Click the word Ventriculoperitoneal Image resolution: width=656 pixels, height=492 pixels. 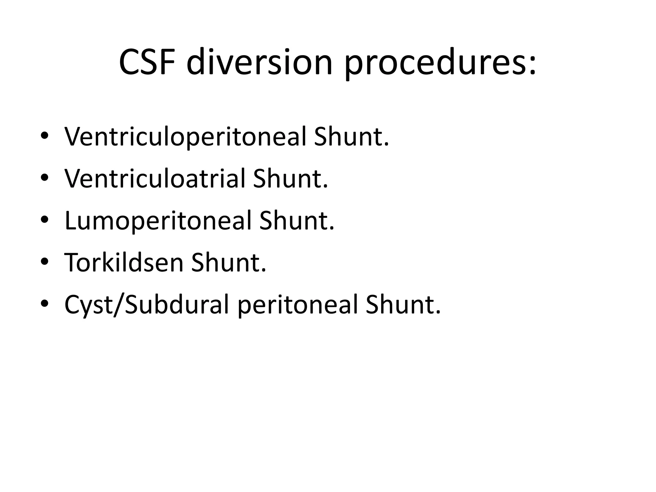pyautogui.click(x=185, y=137)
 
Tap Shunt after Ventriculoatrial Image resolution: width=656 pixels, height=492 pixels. pyautogui.click(x=290, y=179)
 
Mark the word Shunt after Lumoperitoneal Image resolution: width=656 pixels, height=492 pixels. pyautogui.click(x=297, y=221)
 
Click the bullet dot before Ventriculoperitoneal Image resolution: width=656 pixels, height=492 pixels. pyautogui.click(x=45, y=136)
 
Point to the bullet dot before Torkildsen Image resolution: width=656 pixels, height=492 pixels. pyautogui.click(x=45, y=262)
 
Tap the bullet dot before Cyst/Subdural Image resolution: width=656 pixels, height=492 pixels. pyautogui.click(x=45, y=304)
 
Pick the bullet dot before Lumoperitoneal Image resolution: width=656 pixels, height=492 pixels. pyautogui.click(x=45, y=220)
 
